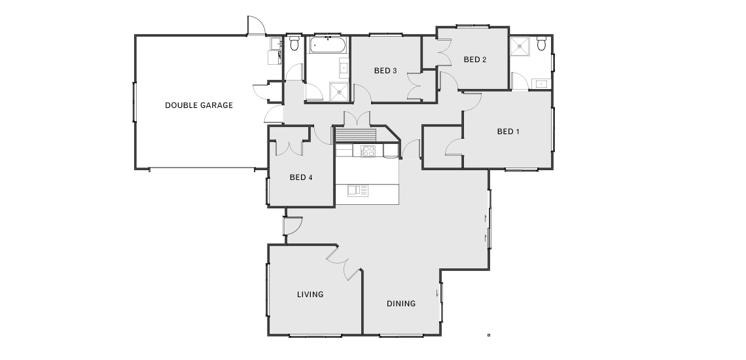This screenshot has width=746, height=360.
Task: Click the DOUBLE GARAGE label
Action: point(199,105)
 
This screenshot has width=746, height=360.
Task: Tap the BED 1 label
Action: point(508,132)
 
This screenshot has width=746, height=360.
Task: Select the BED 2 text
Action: point(475,60)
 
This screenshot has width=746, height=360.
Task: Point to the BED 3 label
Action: point(385,71)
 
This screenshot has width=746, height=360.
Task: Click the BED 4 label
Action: point(300,177)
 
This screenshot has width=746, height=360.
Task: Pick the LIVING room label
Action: point(310,295)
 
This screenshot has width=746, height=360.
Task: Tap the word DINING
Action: point(401,303)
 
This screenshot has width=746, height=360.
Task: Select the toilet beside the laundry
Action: point(294,43)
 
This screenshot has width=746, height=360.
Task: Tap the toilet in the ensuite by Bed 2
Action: point(541,43)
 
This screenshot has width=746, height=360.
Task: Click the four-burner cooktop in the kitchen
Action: point(368,151)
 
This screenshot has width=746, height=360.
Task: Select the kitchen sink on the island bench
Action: point(358,190)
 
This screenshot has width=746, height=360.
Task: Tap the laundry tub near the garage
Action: point(275,44)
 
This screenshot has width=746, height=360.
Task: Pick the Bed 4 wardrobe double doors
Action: point(289,147)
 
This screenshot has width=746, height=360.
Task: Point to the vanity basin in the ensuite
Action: point(541,84)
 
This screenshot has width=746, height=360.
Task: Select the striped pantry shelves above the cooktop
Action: point(356,135)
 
